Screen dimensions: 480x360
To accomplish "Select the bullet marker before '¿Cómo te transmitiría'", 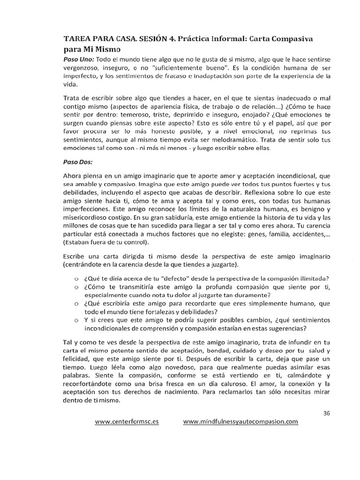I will [x=75, y=287].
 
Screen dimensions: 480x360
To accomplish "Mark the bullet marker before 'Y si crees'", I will [x=75, y=321].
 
